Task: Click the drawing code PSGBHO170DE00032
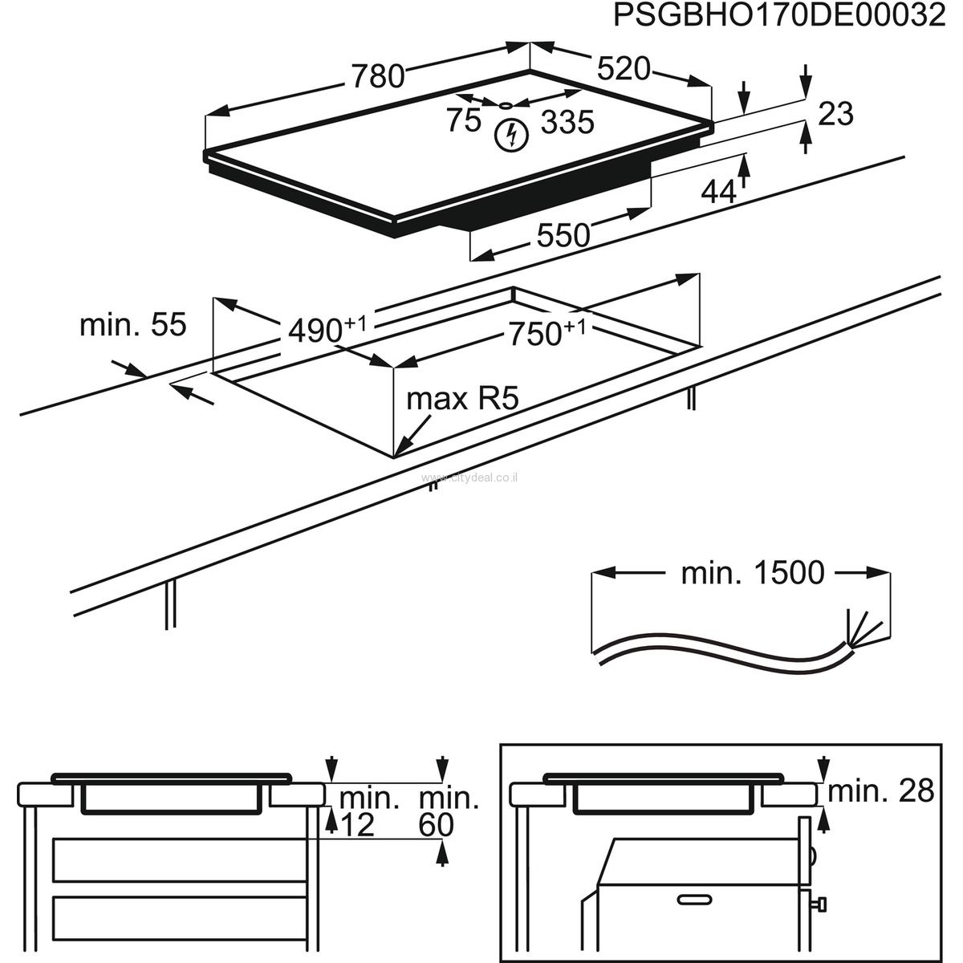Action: click(779, 17)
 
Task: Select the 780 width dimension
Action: click(376, 75)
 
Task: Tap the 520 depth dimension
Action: click(624, 70)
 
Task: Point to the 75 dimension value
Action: click(463, 120)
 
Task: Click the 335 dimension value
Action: click(567, 123)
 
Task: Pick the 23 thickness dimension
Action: click(835, 114)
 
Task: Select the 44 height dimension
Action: click(718, 192)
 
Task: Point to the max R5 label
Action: click(463, 399)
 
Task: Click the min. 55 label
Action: click(132, 325)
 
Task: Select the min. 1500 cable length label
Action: click(752, 573)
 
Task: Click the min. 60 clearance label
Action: click(449, 811)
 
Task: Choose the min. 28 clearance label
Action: click(881, 791)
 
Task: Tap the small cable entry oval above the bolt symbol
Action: click(506, 104)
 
